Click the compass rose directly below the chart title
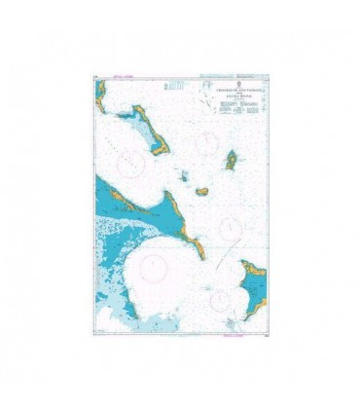(205, 144)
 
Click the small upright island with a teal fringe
(233, 159)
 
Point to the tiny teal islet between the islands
(183, 175)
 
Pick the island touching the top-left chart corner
(100, 94)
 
